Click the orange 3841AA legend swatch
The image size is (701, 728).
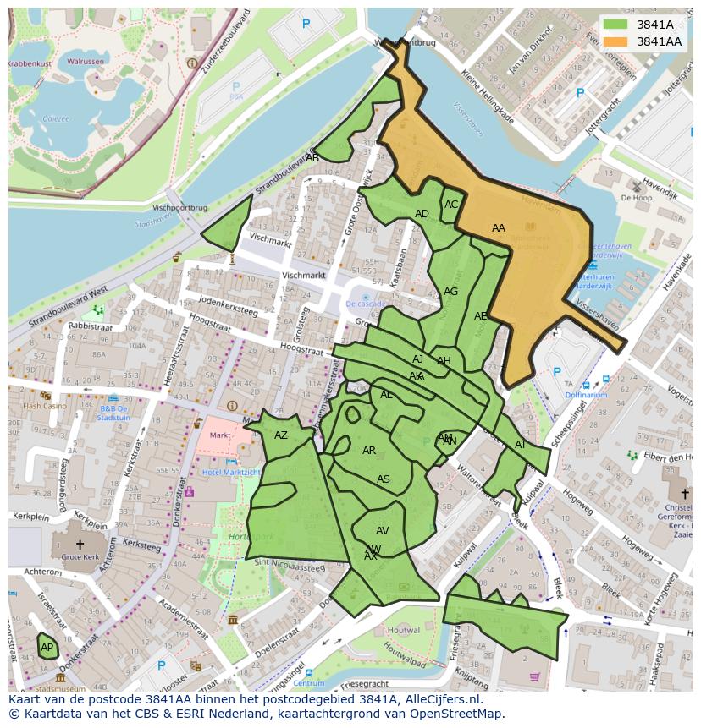coord(615,41)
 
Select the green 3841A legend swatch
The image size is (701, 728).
coord(615,25)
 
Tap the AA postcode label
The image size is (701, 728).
coord(499,228)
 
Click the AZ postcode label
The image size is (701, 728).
coord(281,435)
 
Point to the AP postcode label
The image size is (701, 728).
coord(47,648)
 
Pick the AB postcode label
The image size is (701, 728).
coord(312,158)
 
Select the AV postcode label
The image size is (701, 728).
coord(382,531)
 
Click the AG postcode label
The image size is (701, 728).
coord(450,292)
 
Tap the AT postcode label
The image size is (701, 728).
coord(521,445)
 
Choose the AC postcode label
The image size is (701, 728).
coord(451,205)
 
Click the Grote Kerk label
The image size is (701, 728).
coord(80,557)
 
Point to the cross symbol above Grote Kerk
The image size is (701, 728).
coord(80,545)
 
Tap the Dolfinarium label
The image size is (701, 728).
coord(586,395)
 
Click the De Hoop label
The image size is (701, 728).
coord(636,197)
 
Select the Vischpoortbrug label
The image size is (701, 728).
coord(179,206)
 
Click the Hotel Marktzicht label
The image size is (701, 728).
coord(230,472)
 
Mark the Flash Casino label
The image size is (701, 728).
coord(44,406)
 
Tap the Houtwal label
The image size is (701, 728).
coord(403,630)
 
